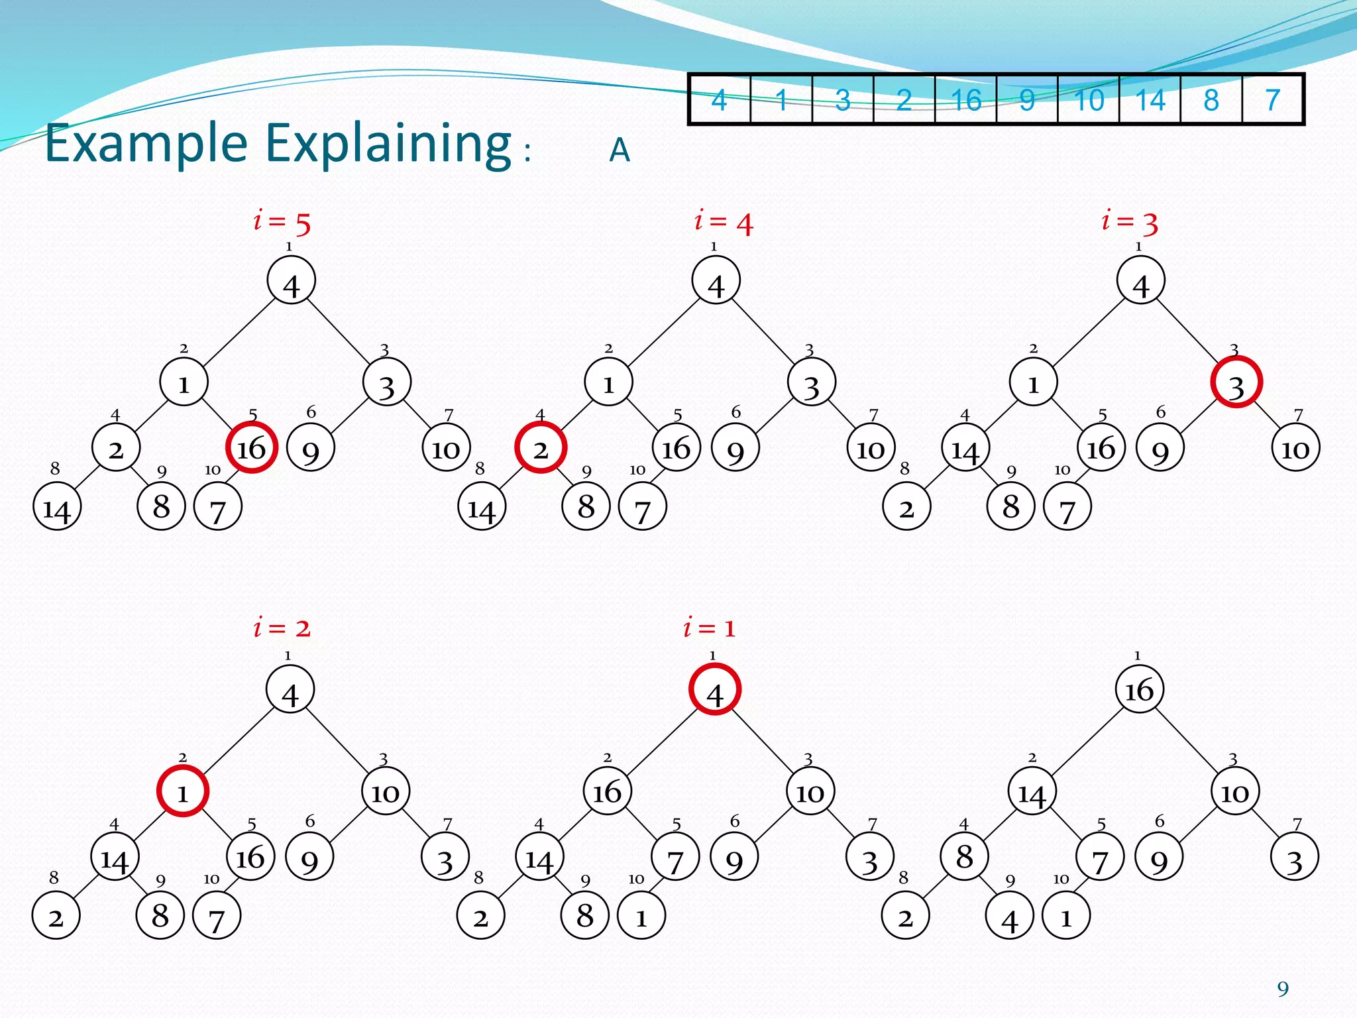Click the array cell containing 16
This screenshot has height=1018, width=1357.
965,100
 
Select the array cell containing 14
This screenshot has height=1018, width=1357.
1150,100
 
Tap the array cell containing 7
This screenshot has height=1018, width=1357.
1272,100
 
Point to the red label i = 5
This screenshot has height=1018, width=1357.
282,222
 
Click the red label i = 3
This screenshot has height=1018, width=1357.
1130,222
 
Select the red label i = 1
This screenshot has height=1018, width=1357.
710,627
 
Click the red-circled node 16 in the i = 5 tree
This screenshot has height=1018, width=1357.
252,447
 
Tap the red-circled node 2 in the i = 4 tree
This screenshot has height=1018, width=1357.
541,448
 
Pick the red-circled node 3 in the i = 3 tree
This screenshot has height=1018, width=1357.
1236,382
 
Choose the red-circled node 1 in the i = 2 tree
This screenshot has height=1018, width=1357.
183,791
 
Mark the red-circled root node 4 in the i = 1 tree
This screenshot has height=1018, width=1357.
715,689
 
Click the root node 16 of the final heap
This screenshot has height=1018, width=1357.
1140,689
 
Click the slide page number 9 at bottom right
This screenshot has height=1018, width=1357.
1283,989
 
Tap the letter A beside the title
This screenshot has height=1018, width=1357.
620,150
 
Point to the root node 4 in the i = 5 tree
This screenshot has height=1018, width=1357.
291,281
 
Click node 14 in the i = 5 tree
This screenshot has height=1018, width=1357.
57,507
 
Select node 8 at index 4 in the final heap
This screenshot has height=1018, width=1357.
965,856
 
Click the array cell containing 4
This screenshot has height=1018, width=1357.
720,100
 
